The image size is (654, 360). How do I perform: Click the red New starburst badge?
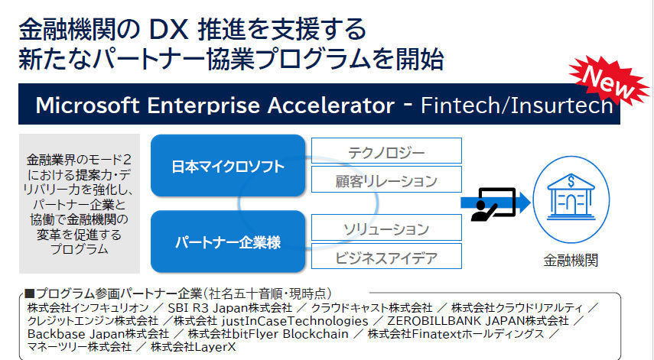pyautogui.click(x=609, y=81)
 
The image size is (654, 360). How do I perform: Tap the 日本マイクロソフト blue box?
pyautogui.click(x=228, y=165)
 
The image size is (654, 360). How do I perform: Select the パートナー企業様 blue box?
pyautogui.click(x=228, y=242)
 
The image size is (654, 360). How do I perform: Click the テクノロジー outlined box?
pyautogui.click(x=386, y=151)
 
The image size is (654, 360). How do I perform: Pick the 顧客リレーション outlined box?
pyautogui.click(x=386, y=180)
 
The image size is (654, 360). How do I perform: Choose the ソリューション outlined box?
pyautogui.click(x=386, y=228)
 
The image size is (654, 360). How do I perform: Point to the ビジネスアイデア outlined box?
pyautogui.click(x=386, y=256)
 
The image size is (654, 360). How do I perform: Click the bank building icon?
pyautogui.click(x=571, y=196)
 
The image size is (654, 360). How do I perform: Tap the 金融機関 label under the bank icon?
pyautogui.click(x=571, y=261)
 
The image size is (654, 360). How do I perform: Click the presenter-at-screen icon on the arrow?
pyautogui.click(x=493, y=204)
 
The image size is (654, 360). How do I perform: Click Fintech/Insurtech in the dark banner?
pyautogui.click(x=517, y=105)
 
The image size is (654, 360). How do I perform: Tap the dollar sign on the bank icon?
pyautogui.click(x=571, y=182)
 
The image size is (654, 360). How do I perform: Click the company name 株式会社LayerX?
pyautogui.click(x=193, y=347)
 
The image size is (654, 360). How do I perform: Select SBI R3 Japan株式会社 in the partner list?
pyautogui.click(x=229, y=308)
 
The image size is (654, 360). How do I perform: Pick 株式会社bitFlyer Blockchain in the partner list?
pyautogui.click(x=268, y=334)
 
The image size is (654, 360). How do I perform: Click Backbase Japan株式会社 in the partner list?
pyautogui.click(x=99, y=334)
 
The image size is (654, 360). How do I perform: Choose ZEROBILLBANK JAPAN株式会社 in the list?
pyautogui.click(x=478, y=321)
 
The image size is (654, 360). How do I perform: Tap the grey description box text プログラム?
pyautogui.click(x=80, y=249)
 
